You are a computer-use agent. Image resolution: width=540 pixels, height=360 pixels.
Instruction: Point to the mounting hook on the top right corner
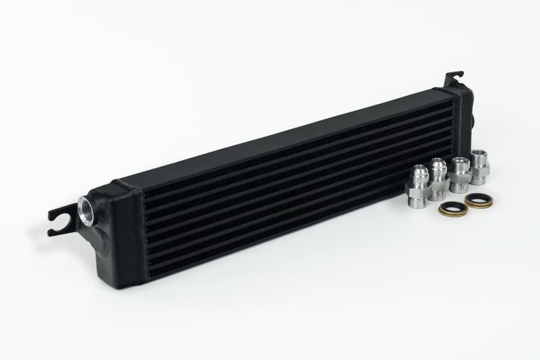point(453,78)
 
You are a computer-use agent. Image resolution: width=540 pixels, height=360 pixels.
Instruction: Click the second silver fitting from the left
point(438,176)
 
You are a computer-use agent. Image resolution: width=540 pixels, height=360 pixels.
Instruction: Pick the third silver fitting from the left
point(460,173)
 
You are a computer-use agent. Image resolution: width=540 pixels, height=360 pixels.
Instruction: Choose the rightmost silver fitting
point(479,167)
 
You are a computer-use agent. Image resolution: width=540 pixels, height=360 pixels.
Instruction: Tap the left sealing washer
point(452,208)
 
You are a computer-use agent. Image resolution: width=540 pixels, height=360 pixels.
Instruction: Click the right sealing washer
point(479,200)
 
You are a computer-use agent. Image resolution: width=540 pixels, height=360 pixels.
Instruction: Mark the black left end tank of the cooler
point(122,230)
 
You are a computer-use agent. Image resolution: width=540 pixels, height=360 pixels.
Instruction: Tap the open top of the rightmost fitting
point(479,155)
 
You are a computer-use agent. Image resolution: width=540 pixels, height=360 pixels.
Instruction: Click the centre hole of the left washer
point(452,208)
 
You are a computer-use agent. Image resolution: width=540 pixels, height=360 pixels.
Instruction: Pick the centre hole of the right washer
point(479,200)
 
